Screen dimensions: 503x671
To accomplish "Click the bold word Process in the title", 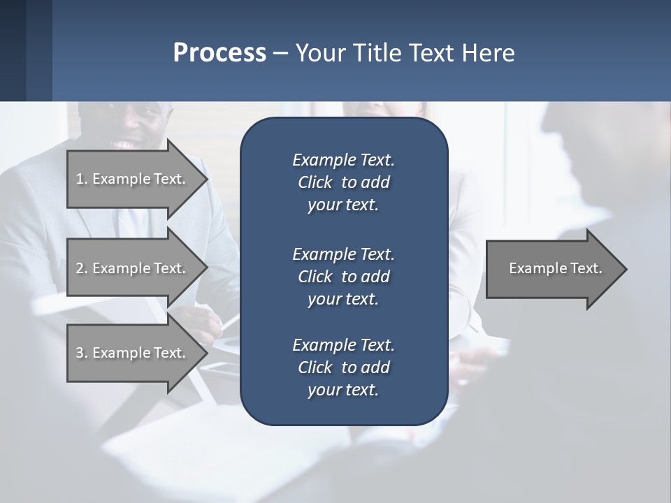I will click(219, 53).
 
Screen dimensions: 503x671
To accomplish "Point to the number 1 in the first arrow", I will click(80, 179).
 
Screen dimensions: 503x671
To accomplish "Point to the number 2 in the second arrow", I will click(80, 268).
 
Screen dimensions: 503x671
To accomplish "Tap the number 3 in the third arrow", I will click(80, 353).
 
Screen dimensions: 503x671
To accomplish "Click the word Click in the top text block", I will click(315, 182).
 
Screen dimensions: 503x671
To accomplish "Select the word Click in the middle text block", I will click(315, 277).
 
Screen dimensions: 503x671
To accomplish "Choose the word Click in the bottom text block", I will click(315, 367).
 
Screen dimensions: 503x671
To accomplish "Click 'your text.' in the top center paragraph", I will click(343, 205).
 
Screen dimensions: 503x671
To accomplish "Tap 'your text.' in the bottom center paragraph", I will click(343, 391).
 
